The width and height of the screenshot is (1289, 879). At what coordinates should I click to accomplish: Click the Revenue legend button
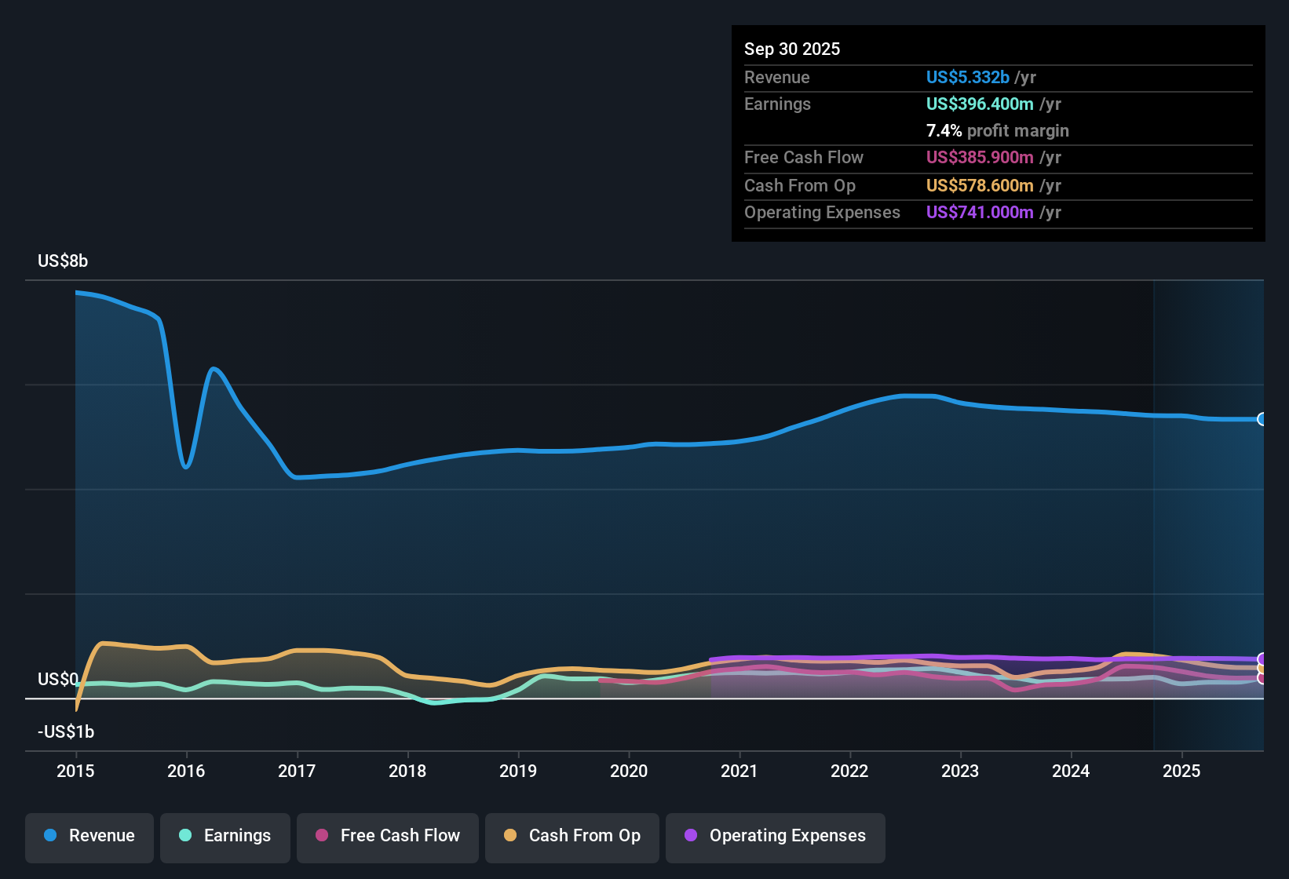tap(89, 836)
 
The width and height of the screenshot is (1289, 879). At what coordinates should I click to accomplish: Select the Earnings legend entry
tap(225, 836)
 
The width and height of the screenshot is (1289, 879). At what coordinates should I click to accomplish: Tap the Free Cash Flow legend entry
tap(388, 836)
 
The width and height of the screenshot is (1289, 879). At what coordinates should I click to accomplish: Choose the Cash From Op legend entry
tap(572, 836)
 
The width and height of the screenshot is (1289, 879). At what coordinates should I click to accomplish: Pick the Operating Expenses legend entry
tap(776, 836)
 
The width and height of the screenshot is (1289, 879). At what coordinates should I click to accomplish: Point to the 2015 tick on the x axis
tap(75, 771)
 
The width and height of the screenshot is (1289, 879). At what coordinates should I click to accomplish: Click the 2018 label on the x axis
tap(407, 771)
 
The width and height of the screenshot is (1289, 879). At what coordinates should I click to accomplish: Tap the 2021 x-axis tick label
tap(739, 771)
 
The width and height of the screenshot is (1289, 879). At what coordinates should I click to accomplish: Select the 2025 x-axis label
tap(1181, 771)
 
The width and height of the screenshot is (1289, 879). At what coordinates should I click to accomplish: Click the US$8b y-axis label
tap(63, 261)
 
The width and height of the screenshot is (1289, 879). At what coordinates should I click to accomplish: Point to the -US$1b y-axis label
tap(66, 731)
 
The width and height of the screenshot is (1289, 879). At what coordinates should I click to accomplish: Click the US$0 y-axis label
tap(58, 679)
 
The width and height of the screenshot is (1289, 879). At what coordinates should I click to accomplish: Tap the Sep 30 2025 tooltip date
tap(792, 49)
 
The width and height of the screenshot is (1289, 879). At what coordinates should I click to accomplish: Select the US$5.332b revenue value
tap(967, 77)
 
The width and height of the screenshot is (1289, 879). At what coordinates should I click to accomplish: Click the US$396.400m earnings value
tap(979, 104)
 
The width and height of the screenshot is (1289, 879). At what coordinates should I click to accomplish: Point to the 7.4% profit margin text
tap(997, 130)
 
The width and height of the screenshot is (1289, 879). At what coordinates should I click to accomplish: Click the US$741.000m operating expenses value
tap(979, 212)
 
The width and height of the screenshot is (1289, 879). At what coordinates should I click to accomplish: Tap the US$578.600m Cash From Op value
tap(979, 185)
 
